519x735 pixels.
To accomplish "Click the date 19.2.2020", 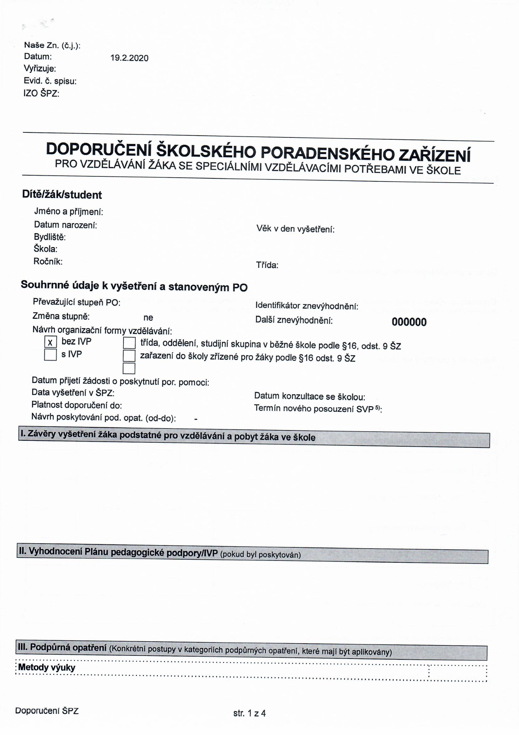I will pos(129,58).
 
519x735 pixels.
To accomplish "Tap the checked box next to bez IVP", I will pos(50,342).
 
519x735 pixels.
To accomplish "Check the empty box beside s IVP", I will pos(50,355).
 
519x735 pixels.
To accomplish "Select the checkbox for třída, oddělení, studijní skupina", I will pos(129,343).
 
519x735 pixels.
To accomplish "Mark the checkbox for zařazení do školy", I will pos(129,356).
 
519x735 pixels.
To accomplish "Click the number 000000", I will pos(409,322).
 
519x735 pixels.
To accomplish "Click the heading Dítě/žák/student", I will pos(62,195).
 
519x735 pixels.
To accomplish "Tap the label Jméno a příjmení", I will pos(68,212).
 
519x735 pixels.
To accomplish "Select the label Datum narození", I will pos(65,225).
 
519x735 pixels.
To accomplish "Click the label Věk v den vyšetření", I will pos(295,229).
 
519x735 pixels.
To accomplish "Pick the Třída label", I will pos(267,265).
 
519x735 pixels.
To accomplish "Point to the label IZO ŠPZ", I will pos(41,93).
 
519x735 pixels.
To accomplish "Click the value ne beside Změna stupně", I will pos(148,318).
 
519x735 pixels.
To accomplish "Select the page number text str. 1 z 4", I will pos(249,713).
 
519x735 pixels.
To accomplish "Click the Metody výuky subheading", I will pos(47,667).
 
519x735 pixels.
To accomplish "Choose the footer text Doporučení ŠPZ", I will pos(47,711).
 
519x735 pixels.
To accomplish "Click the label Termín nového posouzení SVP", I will pos(318,409).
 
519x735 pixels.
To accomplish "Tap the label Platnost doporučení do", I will pos(76,405).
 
